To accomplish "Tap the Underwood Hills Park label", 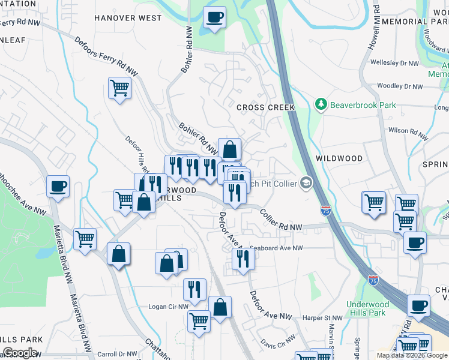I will tap(367, 308).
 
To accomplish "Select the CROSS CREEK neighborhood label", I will tap(265, 107).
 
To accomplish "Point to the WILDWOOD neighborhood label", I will tap(339, 158).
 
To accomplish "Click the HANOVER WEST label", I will tap(128, 18).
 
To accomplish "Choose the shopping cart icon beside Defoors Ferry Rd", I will tap(119, 88).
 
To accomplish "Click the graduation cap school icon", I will tap(306, 183).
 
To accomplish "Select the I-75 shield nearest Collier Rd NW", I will tap(325, 211).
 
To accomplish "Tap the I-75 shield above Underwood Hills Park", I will tap(373, 280).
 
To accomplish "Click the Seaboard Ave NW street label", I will tap(277, 247).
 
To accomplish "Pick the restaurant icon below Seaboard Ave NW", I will tap(243, 259).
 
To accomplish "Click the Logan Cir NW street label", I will tap(168, 307).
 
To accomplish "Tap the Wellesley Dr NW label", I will tap(394, 62).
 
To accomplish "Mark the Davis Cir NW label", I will tap(277, 343).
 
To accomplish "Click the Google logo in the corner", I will tap(20, 352).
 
